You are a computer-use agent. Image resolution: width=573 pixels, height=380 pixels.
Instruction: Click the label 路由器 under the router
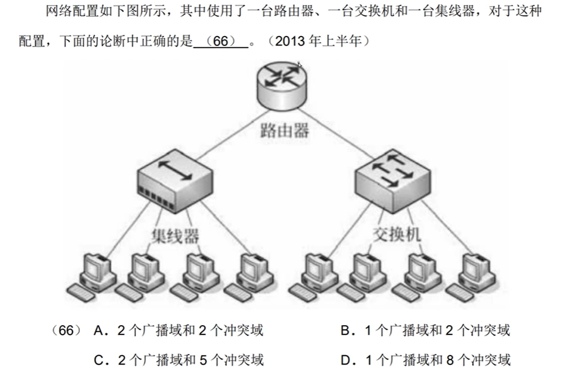pos(285,131)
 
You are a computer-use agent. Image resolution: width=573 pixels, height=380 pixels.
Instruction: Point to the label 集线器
pos(175,236)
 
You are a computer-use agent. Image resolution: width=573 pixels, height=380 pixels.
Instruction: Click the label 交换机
pos(396,235)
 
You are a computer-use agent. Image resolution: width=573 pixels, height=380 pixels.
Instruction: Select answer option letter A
pos(100,331)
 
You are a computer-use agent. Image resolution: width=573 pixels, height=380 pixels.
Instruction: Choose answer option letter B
pos(347,331)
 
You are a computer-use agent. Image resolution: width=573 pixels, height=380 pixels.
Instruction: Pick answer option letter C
pos(100,361)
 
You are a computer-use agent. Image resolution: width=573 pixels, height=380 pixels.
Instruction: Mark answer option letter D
pos(347,361)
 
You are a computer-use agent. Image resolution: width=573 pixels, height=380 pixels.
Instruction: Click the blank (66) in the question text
pos(221,42)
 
